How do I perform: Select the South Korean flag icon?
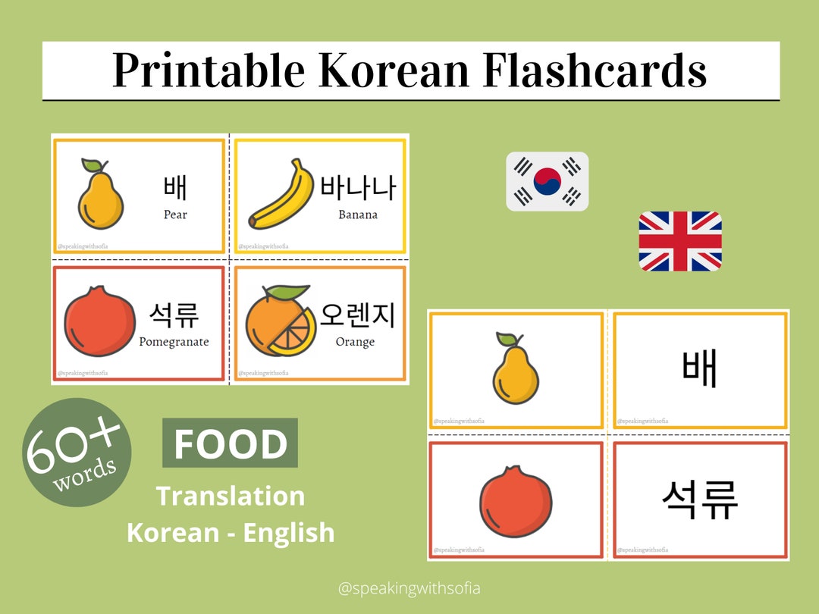tap(547, 181)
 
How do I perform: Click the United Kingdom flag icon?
tap(679, 241)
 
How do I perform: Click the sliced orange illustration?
tap(278, 322)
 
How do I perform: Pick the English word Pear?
tap(175, 215)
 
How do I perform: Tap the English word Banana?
tap(358, 215)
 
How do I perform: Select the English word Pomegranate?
tap(174, 342)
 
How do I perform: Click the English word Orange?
tap(355, 342)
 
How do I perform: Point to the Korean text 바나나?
tap(358, 187)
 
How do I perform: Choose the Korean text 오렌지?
tap(357, 315)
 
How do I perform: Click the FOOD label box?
tap(231, 443)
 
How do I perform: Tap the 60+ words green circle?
tap(76, 453)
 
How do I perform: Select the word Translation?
tap(231, 496)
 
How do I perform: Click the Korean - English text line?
tap(231, 532)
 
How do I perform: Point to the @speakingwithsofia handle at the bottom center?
tap(409, 587)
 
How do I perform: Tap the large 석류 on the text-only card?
tap(699, 500)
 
